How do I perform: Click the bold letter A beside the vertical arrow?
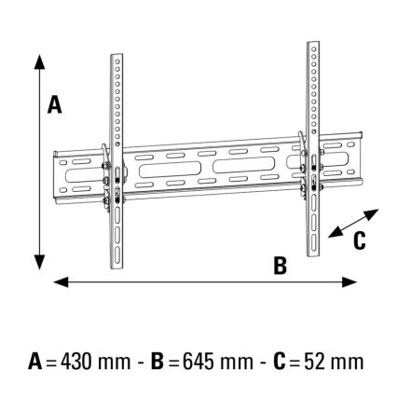pyautogui.click(x=55, y=106)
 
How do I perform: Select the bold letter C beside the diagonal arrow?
pyautogui.click(x=359, y=240)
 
